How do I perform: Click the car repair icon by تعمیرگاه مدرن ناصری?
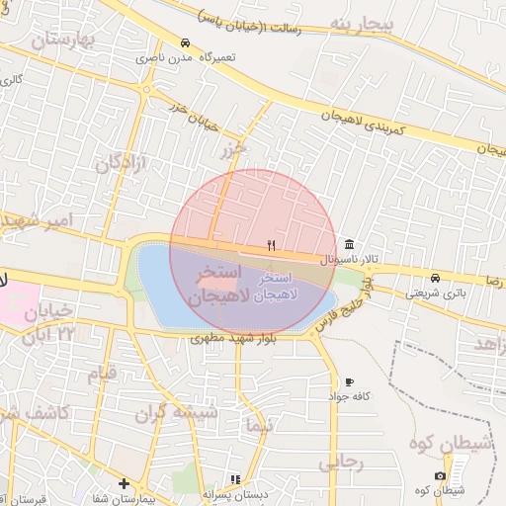click(186, 43)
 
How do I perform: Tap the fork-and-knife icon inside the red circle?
click(272, 244)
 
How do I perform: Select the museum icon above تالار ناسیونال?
click(349, 244)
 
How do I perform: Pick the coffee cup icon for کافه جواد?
click(349, 381)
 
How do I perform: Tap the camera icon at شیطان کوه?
click(440, 476)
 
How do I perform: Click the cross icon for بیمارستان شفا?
click(124, 483)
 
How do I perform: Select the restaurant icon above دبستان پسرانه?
click(235, 480)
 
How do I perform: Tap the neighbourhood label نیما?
click(262, 426)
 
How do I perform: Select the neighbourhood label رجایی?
click(341, 462)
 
